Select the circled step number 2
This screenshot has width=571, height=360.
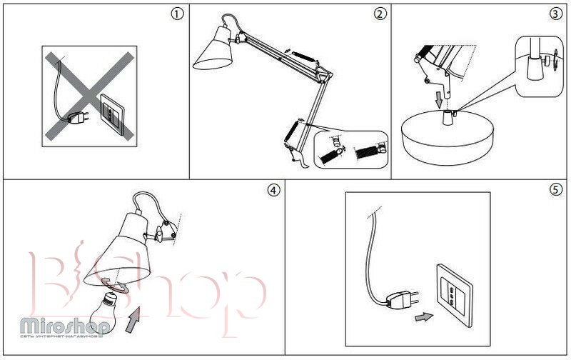(x=380, y=14)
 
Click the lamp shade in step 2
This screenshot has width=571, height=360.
(x=215, y=52)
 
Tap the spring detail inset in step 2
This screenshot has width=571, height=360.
(x=352, y=149)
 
